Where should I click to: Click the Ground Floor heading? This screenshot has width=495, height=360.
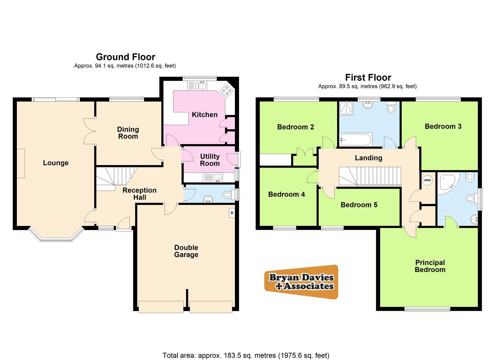(125, 57)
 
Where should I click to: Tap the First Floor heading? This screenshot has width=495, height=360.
(368, 78)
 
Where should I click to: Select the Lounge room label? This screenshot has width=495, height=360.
(56, 163)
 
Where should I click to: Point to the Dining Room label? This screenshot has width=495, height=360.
(128, 133)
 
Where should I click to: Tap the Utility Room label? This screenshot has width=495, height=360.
(210, 160)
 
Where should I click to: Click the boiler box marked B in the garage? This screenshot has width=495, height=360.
(232, 213)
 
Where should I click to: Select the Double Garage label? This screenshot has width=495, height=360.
(186, 251)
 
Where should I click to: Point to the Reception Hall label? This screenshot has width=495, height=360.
(139, 194)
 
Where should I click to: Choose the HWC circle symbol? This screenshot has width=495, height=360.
(427, 180)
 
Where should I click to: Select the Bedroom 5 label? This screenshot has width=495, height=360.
(359, 205)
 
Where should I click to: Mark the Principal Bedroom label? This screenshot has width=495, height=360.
(430, 266)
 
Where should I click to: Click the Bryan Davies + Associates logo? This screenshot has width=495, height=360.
(301, 282)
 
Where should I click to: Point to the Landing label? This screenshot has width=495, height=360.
(368, 158)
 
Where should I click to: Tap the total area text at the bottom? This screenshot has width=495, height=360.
(246, 355)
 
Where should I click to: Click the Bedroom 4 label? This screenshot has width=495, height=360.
(286, 194)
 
